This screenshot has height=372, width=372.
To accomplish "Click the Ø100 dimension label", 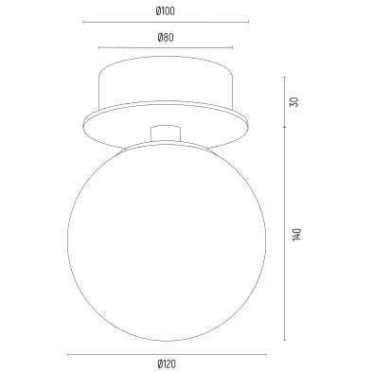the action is (x=166, y=11).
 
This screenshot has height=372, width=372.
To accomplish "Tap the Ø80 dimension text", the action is (x=166, y=38).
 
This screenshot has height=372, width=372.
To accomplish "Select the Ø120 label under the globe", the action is (x=167, y=364).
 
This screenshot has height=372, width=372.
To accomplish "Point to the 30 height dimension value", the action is (x=293, y=102).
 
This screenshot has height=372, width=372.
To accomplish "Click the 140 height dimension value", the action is (x=297, y=235).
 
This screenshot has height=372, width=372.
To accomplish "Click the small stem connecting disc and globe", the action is (x=166, y=133).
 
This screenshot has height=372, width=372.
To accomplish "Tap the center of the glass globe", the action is (x=167, y=240).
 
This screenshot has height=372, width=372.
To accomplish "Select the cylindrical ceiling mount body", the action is (x=166, y=82).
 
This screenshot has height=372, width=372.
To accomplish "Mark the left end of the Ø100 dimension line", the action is (x=83, y=22).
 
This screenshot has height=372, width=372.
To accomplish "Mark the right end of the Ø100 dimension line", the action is (x=249, y=22).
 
